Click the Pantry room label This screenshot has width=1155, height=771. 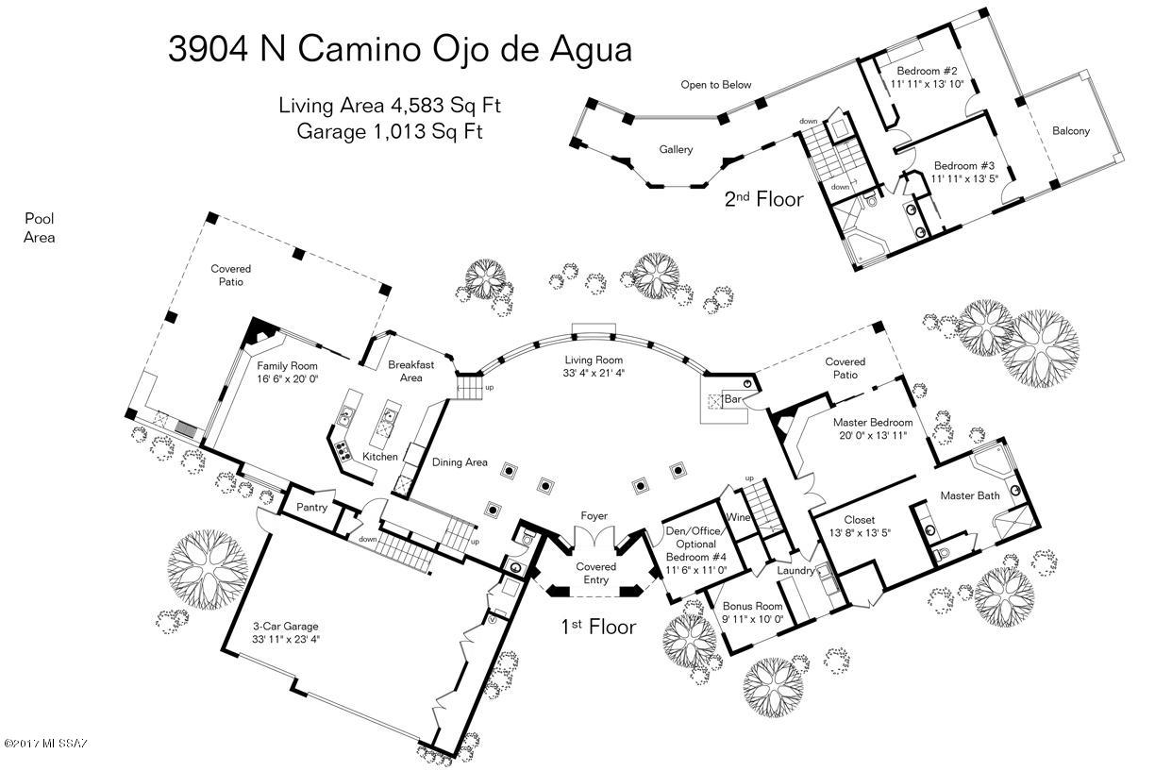coord(311,508)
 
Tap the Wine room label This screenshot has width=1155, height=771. coord(737,517)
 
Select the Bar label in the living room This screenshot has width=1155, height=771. coord(732,398)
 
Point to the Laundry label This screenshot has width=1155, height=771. coord(795,570)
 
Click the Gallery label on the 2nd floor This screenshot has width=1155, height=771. coord(676,149)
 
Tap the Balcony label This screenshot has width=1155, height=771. coord(1071,131)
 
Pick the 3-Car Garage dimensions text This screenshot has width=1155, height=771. coord(286,639)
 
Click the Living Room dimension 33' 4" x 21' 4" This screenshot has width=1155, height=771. coord(594,373)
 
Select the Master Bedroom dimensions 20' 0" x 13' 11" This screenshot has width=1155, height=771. coord(873,435)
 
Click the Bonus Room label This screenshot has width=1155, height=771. coord(752,606)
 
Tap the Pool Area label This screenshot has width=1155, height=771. coord(40,228)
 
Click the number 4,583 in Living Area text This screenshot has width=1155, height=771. coord(418,105)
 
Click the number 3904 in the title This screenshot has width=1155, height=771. coord(209,49)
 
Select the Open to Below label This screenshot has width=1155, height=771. coord(715,85)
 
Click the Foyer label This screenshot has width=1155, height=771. coord(594,515)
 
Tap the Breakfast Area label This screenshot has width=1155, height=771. coord(411,371)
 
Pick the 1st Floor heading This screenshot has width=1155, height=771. coord(598,627)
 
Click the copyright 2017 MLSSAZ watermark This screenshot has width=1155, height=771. coord(45,743)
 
